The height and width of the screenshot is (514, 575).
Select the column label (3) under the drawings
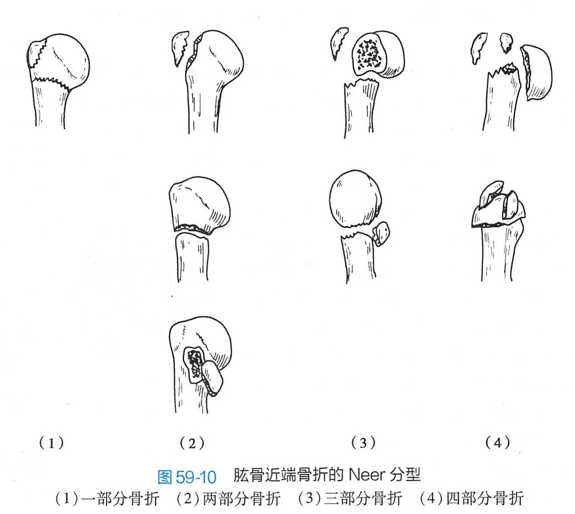point(363,443)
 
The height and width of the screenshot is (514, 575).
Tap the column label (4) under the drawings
point(498,443)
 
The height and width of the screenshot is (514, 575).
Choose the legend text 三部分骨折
point(363,498)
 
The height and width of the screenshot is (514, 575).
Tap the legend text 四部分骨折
point(485,498)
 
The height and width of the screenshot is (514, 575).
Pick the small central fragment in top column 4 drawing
point(506,42)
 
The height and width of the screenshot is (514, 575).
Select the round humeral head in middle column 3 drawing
point(355,198)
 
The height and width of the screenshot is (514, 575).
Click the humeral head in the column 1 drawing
point(66,62)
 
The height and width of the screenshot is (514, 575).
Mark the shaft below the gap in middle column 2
point(192,257)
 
